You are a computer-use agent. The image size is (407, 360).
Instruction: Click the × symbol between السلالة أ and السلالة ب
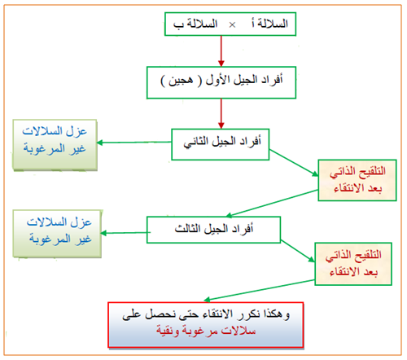(232, 25)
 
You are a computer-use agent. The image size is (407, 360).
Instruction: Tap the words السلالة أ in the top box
(269, 24)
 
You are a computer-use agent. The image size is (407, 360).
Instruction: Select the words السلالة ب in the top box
(195, 24)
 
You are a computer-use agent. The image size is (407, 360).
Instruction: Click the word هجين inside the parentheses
(181, 81)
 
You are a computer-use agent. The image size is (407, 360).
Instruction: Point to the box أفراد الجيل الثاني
(221, 144)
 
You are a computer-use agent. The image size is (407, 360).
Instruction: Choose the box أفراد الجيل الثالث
(213, 230)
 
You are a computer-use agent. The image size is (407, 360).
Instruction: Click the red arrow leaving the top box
(221, 51)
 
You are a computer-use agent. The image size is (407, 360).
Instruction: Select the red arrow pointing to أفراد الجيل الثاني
(221, 113)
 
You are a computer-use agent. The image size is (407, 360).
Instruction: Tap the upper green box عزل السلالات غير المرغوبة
(55, 145)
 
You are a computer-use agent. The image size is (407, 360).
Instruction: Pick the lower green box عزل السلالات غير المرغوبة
(57, 234)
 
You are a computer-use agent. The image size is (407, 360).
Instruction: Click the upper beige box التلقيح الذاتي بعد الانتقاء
(357, 180)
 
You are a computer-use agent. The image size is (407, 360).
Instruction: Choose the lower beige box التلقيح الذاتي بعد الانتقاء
(353, 264)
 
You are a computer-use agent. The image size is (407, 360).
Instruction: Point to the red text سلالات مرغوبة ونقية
(206, 331)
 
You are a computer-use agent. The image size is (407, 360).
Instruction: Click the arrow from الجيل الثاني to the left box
(134, 143)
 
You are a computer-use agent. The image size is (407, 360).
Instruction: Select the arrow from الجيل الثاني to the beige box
(294, 163)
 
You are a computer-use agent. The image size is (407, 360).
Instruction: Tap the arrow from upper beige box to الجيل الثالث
(272, 204)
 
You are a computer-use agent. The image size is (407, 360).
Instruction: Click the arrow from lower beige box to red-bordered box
(259, 291)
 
